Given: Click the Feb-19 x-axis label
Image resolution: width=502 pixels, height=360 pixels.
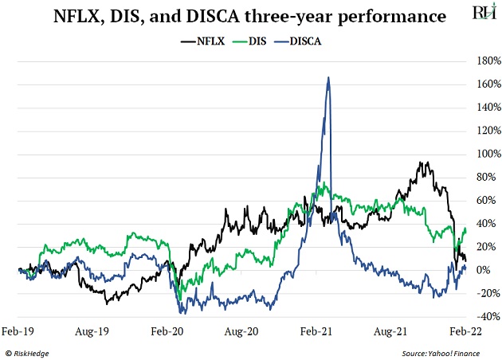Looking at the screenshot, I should point(19,329).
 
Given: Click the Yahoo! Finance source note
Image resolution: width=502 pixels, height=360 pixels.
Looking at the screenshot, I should point(452,352).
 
